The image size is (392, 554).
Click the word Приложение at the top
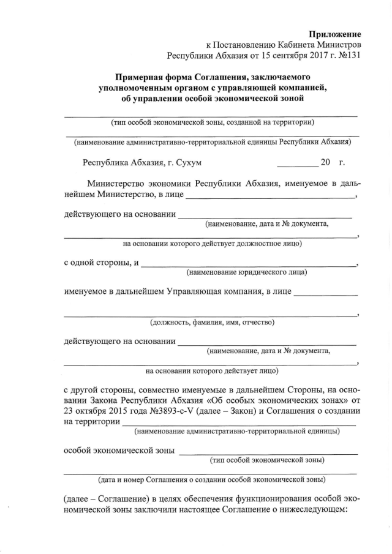coord(334,34)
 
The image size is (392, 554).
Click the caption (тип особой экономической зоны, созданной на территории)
coord(212,122)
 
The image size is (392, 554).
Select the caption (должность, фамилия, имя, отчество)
coord(212,322)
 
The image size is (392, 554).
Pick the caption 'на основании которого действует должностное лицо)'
coord(212,243)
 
